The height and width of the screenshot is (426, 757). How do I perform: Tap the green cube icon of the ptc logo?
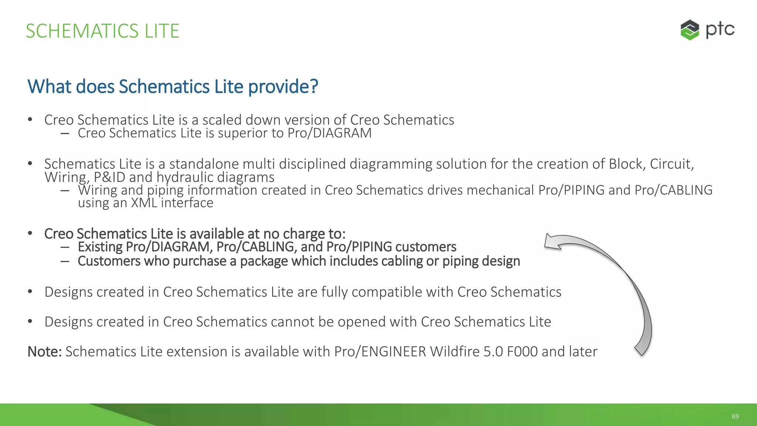pos(690,30)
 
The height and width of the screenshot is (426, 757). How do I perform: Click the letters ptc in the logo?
pos(720,30)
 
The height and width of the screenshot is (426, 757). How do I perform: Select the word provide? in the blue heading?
pos(283,87)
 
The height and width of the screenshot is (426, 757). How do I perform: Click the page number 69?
pos(735,416)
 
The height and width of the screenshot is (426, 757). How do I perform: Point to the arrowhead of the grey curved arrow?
pos(553,243)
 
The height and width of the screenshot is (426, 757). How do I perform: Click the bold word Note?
pos(44,352)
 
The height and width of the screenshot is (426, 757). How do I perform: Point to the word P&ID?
pos(109,177)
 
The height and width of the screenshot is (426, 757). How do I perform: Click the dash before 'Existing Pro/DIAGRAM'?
pos(65,247)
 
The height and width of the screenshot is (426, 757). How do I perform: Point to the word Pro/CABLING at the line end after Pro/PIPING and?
pos(673,190)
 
